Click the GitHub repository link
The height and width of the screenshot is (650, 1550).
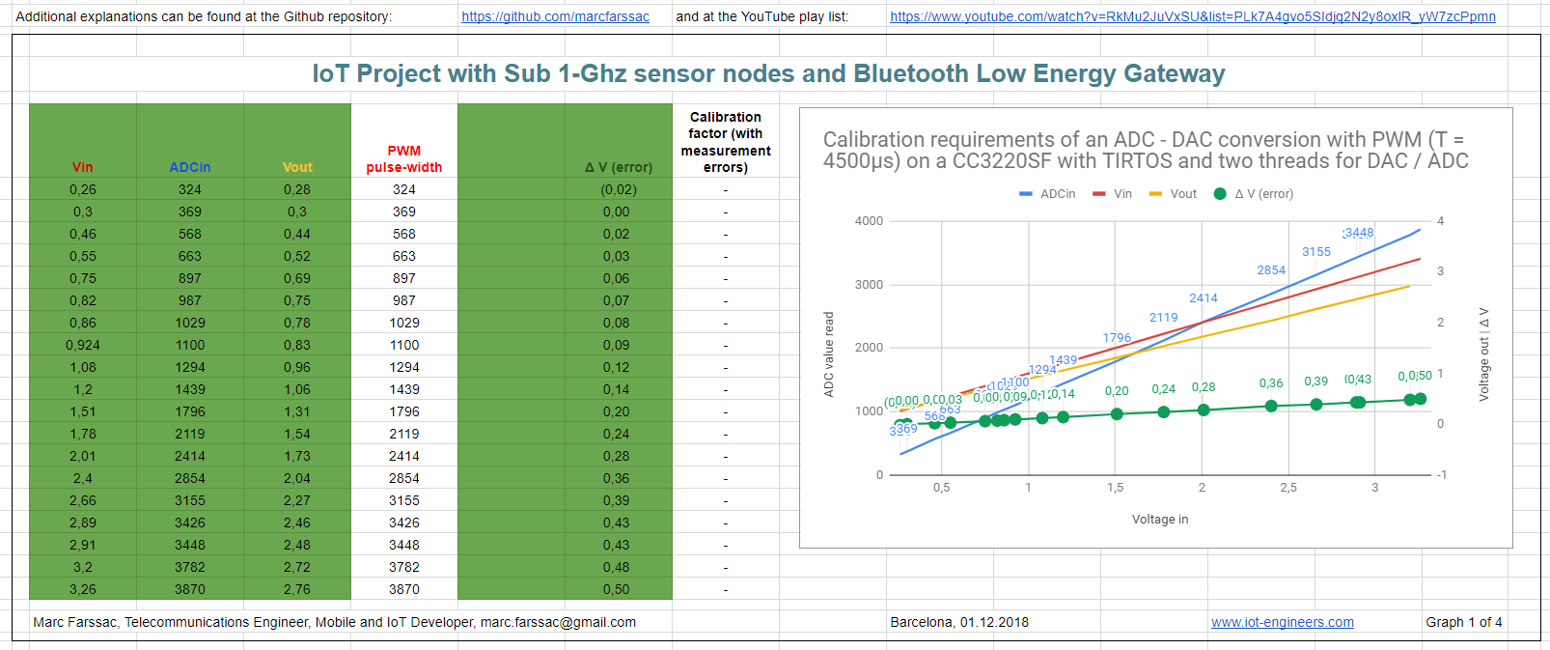pos(555,16)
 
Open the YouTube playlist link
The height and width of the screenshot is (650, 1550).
pos(1192,16)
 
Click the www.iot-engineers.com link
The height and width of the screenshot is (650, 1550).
pos(1282,622)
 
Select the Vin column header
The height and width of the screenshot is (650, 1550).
pos(83,167)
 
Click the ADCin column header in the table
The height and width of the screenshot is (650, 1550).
pos(190,167)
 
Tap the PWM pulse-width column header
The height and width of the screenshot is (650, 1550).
pos(403,159)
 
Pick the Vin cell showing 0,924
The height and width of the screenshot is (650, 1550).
pos(83,345)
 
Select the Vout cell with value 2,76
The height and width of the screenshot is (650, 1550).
pos(297,589)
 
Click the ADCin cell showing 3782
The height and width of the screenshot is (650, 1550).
pos(190,567)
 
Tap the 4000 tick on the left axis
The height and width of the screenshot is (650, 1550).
pos(869,221)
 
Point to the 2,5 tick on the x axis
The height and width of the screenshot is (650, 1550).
pos(1287,488)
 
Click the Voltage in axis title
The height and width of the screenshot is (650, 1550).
pos(1159,520)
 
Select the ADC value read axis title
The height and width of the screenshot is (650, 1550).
pos(828,353)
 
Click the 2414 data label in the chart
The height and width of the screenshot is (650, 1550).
pos(1203,298)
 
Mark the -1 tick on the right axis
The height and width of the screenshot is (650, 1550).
pos(1441,474)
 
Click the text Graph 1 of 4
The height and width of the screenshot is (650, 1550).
pos(1463,622)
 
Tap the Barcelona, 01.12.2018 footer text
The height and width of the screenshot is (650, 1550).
pos(958,622)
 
